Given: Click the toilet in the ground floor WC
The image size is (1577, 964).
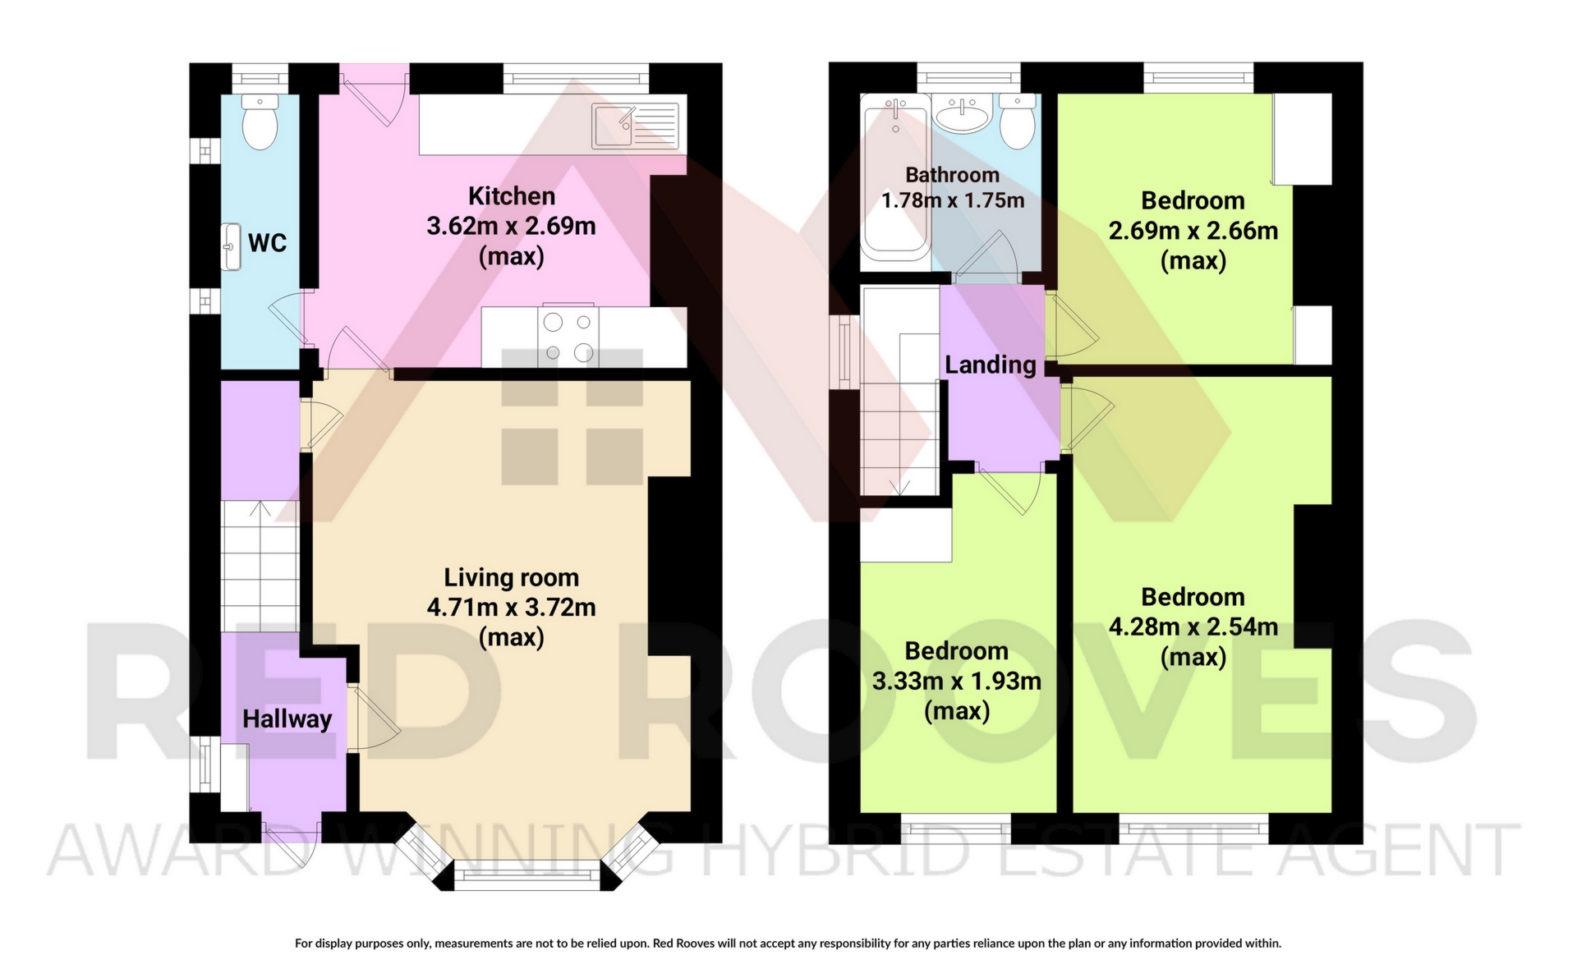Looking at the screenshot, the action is click(x=260, y=123).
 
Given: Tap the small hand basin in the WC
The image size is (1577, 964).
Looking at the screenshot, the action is click(x=232, y=246).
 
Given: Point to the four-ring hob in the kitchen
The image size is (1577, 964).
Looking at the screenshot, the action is click(x=568, y=336).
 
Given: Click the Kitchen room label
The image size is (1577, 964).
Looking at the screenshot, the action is click(x=512, y=196).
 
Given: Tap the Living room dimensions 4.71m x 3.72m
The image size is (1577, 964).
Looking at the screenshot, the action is click(x=511, y=608).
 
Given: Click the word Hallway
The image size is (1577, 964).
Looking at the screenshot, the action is click(x=287, y=719).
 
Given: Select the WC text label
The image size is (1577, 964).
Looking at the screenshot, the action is click(x=268, y=243).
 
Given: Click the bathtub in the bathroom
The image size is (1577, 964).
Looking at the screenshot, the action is click(x=895, y=177).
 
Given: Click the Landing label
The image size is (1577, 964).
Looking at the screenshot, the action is click(x=991, y=365).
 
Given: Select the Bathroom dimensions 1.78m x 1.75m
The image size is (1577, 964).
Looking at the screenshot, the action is click(x=953, y=200).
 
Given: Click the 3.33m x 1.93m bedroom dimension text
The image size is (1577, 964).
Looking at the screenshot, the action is click(x=957, y=681).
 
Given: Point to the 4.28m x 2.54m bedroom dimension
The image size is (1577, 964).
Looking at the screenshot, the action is click(x=1193, y=627).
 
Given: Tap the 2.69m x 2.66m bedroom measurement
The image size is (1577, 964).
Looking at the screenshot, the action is click(x=1193, y=231).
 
